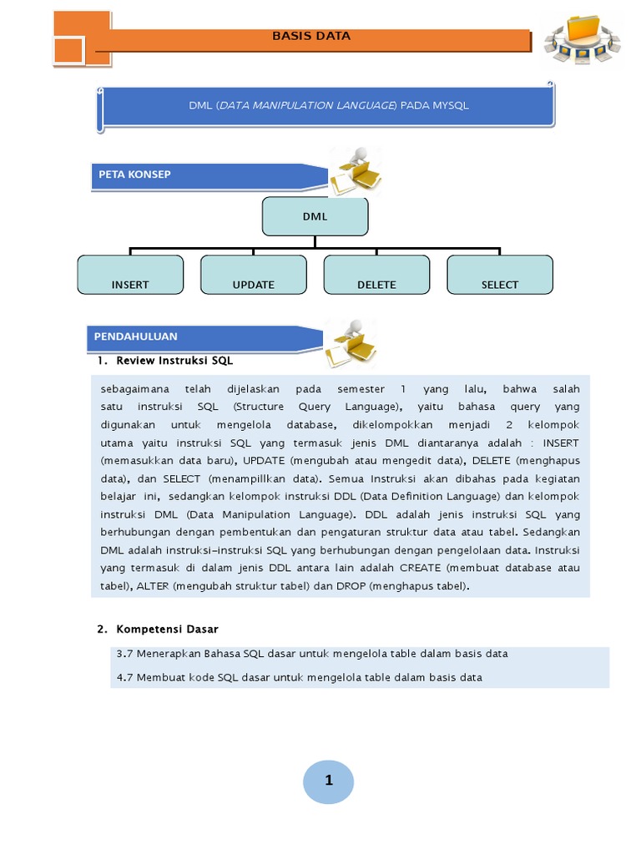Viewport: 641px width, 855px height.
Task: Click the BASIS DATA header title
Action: coord(311,36)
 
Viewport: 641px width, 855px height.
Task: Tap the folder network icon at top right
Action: coord(582,39)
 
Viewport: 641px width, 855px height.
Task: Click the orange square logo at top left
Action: coord(81,38)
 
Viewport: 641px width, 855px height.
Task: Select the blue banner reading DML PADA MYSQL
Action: coord(326,106)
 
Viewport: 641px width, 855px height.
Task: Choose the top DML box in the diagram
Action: coord(315,216)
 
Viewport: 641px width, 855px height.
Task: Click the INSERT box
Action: coord(130,275)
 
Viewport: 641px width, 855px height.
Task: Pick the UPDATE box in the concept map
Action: coord(254,275)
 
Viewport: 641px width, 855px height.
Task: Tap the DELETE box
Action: coord(376,275)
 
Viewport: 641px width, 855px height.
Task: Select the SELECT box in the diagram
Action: coord(500,275)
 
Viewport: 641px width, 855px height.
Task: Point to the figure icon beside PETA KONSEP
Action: coord(354,172)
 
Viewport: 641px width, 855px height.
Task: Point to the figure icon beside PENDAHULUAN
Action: coord(350,342)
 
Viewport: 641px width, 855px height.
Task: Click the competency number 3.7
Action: coord(125,654)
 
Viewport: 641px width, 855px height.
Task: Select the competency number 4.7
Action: coord(125,677)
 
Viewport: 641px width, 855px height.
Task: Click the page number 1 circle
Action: coord(328,782)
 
